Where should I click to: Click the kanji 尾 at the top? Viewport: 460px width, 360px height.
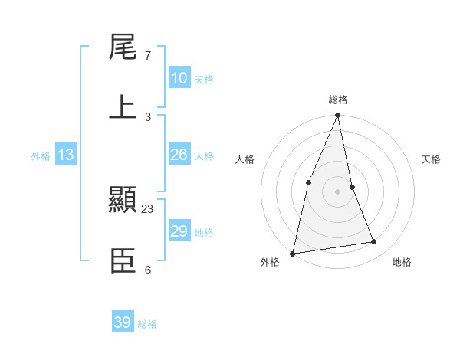point(123,47)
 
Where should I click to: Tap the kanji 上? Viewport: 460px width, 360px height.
point(123,108)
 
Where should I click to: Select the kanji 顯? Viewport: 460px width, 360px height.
point(123,200)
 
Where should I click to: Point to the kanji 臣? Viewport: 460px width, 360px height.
point(123,261)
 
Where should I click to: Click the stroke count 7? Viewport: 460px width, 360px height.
point(148,56)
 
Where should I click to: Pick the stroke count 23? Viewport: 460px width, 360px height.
point(148,208)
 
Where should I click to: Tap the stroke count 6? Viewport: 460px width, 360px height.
point(148,270)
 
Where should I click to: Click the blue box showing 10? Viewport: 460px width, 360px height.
point(179,78)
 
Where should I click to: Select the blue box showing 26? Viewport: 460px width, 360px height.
point(179,155)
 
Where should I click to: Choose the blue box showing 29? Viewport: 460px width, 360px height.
point(179,231)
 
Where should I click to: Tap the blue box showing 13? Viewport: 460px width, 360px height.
point(66,155)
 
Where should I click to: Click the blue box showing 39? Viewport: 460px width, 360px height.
point(123,322)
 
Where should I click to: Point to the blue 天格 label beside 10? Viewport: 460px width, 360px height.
point(204,80)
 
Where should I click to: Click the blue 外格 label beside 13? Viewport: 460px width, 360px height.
point(41,156)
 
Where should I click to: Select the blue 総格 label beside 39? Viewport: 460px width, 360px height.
point(147,324)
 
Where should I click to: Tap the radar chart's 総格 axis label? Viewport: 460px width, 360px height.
point(338,100)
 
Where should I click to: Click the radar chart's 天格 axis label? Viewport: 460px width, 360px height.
point(431,159)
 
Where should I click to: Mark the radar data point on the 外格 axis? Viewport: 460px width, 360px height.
point(293,253)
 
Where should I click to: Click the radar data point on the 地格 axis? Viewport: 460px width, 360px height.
point(374,242)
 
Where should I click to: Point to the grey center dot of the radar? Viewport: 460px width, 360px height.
point(338,191)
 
